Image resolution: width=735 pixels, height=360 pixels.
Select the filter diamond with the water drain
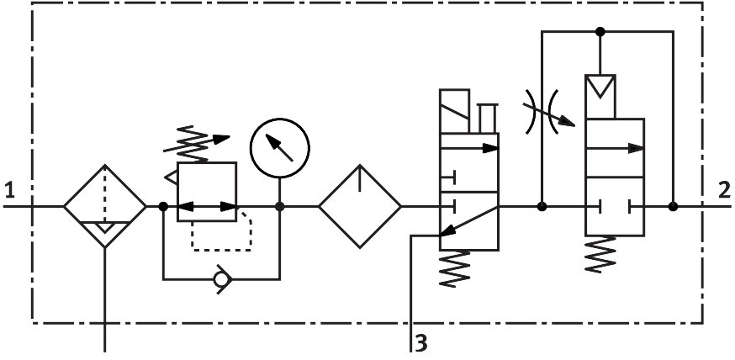(105, 206)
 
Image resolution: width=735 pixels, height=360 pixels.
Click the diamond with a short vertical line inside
(359, 206)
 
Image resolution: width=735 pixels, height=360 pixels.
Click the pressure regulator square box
(207, 192)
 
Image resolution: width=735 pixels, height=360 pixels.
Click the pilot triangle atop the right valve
(600, 86)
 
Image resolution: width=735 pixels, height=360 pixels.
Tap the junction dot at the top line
(600, 32)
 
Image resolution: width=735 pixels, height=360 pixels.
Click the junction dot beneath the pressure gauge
(280, 206)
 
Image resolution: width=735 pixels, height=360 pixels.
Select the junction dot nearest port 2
(673, 206)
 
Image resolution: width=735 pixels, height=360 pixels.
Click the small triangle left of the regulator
(172, 177)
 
